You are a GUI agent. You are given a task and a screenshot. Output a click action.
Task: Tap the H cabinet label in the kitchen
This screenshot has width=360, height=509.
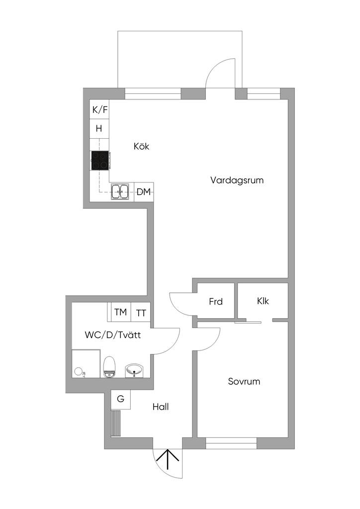point(99,128)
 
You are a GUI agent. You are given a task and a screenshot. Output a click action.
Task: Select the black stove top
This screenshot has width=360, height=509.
point(100,161)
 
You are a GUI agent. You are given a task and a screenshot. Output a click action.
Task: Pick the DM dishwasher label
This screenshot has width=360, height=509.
point(144,192)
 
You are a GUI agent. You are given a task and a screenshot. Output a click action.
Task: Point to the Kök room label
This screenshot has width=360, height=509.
point(141,147)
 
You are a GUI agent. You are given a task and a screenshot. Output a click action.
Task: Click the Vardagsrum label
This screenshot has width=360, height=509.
point(237,180)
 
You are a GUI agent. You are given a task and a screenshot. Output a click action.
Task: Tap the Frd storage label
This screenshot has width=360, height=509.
point(215,301)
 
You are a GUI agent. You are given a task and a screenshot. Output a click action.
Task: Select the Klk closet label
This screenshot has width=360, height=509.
point(263,301)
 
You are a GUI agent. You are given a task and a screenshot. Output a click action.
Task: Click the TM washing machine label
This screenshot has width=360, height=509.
point(120,312)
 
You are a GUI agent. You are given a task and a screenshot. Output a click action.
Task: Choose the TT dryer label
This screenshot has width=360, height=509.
point(142,313)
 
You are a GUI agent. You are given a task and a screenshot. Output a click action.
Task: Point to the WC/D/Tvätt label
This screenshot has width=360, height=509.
point(112,335)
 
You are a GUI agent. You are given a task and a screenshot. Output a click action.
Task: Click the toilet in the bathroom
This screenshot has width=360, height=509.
point(110,366)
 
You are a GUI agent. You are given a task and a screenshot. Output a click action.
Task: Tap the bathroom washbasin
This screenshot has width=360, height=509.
point(134,369)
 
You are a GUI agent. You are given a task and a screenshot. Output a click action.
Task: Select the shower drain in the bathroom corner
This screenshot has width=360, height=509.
point(79,371)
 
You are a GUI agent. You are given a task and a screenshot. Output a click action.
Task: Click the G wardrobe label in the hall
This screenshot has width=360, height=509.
point(120,399)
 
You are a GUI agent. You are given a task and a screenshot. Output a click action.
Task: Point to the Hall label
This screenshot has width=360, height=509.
point(161,407)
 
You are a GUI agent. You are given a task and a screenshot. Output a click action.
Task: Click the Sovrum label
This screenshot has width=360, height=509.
point(244,382)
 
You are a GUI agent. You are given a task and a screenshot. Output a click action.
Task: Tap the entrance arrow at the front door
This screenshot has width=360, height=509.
point(168,459)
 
